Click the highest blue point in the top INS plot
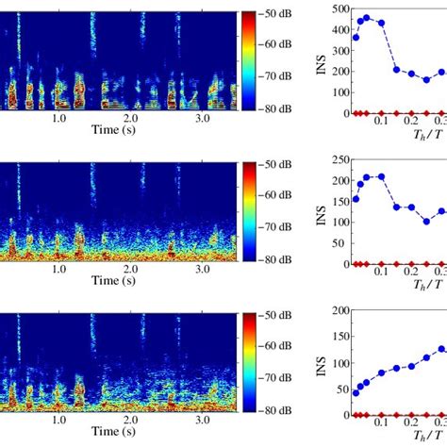point(367,16)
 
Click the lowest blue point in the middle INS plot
point(426,222)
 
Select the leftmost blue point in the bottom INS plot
point(356,391)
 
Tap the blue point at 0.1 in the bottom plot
point(381,374)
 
